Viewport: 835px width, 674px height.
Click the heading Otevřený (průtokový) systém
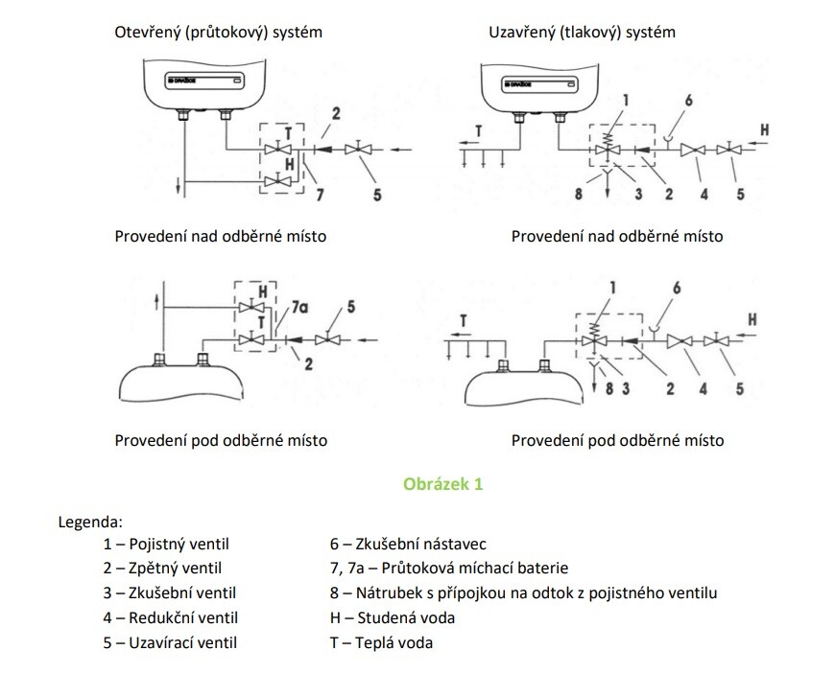218,32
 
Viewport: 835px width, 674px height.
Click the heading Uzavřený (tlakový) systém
582,32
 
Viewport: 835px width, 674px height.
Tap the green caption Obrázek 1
442,484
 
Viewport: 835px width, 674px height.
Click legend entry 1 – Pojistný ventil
166,545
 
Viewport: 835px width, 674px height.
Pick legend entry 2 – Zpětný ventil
162,569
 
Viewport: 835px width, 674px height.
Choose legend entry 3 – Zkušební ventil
169,593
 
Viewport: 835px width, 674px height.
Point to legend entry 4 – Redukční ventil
170,618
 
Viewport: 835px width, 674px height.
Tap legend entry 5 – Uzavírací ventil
170,642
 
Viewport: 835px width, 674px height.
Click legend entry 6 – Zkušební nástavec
408,545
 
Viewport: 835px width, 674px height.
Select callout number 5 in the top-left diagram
377,196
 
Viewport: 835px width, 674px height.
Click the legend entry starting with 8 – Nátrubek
523,593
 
